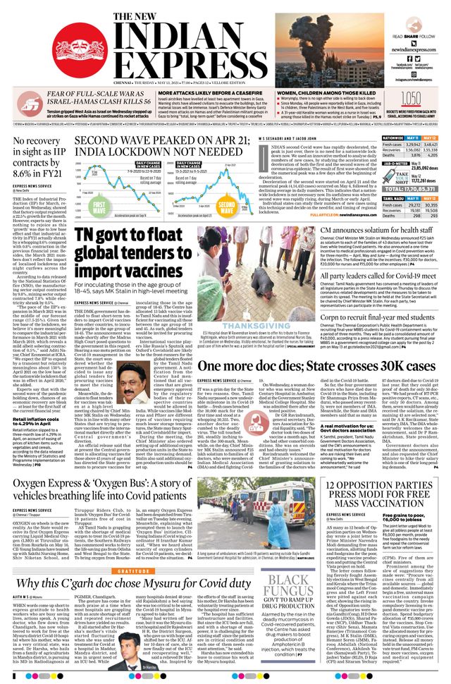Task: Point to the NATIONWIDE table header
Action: [392, 138]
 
